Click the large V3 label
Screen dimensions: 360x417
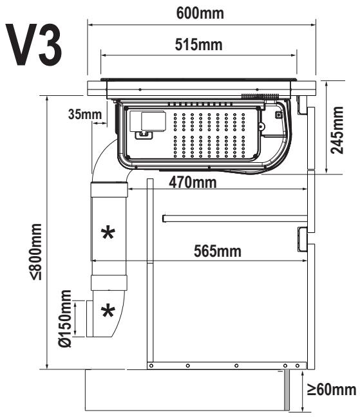(x=34, y=44)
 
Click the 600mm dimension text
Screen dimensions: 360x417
(x=200, y=13)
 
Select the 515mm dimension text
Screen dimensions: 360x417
(x=198, y=44)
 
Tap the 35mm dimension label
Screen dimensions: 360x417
(x=85, y=115)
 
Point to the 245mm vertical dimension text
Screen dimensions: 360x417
(x=337, y=130)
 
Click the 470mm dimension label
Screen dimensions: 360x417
(x=193, y=183)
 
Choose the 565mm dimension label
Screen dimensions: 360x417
(x=218, y=252)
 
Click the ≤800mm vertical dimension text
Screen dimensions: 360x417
(x=36, y=252)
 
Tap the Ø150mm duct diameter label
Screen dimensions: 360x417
(x=65, y=319)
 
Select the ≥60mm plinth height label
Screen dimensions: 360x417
(x=332, y=390)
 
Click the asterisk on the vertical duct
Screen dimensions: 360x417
(x=108, y=233)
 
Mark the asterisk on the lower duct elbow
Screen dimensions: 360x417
(x=108, y=311)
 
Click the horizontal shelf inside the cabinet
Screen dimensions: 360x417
(x=235, y=218)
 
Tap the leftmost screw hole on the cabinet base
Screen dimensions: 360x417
(x=151, y=366)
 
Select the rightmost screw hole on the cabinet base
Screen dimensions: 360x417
(x=298, y=366)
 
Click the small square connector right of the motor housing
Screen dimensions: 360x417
(x=278, y=115)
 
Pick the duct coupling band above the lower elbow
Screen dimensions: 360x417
(x=109, y=283)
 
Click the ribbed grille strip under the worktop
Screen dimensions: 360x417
(x=260, y=97)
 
